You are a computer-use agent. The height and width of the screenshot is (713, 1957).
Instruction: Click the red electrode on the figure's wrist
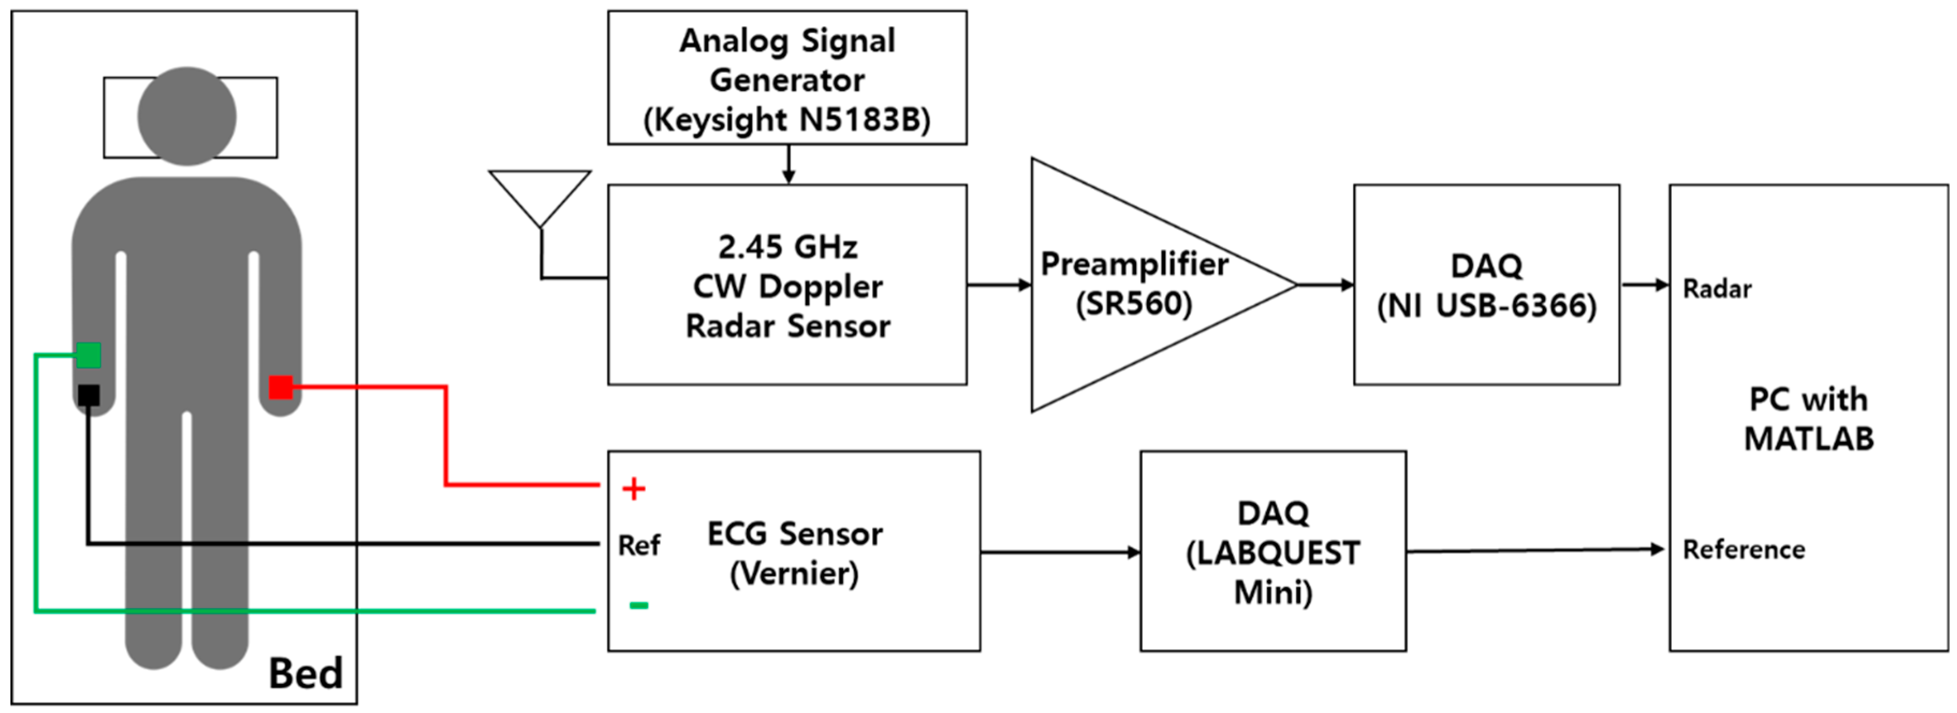pyautogui.click(x=281, y=387)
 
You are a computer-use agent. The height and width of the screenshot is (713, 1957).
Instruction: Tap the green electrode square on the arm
pyautogui.click(x=88, y=355)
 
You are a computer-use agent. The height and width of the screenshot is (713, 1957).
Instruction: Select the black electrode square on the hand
pyautogui.click(x=88, y=395)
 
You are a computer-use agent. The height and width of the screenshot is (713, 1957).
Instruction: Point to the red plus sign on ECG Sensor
pyautogui.click(x=634, y=488)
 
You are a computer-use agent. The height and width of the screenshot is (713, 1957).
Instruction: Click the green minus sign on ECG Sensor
pyautogui.click(x=639, y=605)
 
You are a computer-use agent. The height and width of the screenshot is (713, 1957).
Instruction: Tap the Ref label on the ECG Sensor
pyautogui.click(x=639, y=545)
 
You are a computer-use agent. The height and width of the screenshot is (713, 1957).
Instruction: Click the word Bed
pyautogui.click(x=305, y=673)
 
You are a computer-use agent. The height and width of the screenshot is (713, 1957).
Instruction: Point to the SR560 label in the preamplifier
pyautogui.click(x=1134, y=303)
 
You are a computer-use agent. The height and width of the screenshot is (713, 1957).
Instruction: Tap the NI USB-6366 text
pyautogui.click(x=1486, y=305)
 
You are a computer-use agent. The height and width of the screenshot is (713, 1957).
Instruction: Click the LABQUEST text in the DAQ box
pyautogui.click(x=1272, y=552)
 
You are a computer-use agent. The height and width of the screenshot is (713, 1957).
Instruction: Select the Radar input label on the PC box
pyautogui.click(x=1717, y=289)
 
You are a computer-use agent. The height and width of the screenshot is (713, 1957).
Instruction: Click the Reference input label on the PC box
pyautogui.click(x=1743, y=549)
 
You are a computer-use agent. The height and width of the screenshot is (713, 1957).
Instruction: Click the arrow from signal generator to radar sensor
pyautogui.click(x=789, y=164)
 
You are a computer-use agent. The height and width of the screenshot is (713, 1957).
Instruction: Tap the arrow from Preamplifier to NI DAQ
pyautogui.click(x=1325, y=285)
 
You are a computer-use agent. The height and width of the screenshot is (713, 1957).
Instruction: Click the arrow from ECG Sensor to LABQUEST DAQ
pyautogui.click(x=1060, y=552)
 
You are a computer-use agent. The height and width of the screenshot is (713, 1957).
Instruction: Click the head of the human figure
pyautogui.click(x=187, y=115)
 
